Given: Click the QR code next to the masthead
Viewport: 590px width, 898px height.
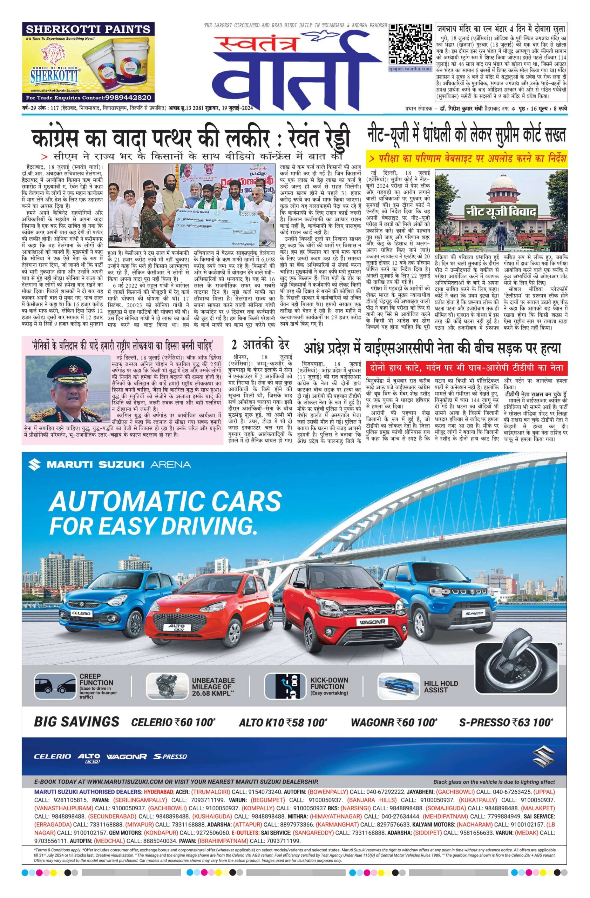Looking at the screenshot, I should [x=410, y=44].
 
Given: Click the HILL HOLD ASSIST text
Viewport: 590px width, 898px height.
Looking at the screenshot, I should [x=441, y=687].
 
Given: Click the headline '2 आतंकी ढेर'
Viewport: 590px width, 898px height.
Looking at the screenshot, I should [x=260, y=345].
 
